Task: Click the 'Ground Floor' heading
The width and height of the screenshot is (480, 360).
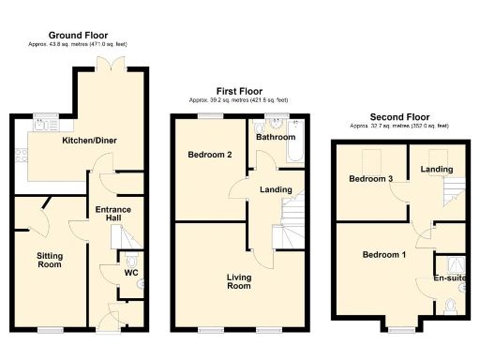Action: (x=78, y=35)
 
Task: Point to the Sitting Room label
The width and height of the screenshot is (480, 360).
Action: (x=49, y=260)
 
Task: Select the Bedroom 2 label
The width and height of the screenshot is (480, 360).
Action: (x=210, y=155)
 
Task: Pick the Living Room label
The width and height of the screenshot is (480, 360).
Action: (x=238, y=280)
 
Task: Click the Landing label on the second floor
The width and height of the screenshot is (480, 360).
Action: (x=437, y=170)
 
